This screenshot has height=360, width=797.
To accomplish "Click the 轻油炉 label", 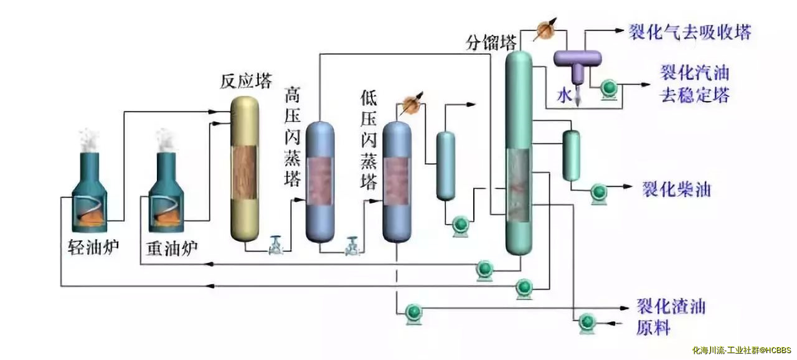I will click(x=93, y=248).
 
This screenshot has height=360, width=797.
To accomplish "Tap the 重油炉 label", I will click(x=172, y=248).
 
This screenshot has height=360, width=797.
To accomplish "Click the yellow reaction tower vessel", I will click(x=244, y=168).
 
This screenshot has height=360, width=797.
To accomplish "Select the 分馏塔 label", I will click(x=491, y=42).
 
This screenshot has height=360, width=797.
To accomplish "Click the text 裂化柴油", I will click(x=676, y=189).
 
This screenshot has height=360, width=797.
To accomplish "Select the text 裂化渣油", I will click(x=671, y=307).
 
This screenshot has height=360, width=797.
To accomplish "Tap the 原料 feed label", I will click(x=653, y=328).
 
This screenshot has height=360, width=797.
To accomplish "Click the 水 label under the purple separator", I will click(x=564, y=96).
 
